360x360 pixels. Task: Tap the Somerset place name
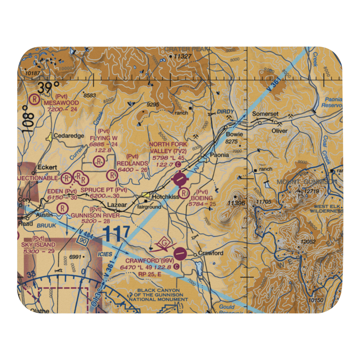click(265, 114)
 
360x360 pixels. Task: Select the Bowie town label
click(234, 134)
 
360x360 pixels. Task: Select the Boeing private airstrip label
click(202, 198)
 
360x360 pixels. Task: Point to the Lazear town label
click(117, 205)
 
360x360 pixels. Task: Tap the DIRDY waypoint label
click(225, 112)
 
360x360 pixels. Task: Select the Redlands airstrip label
click(132, 163)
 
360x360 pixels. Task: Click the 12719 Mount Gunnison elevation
click(311, 191)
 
